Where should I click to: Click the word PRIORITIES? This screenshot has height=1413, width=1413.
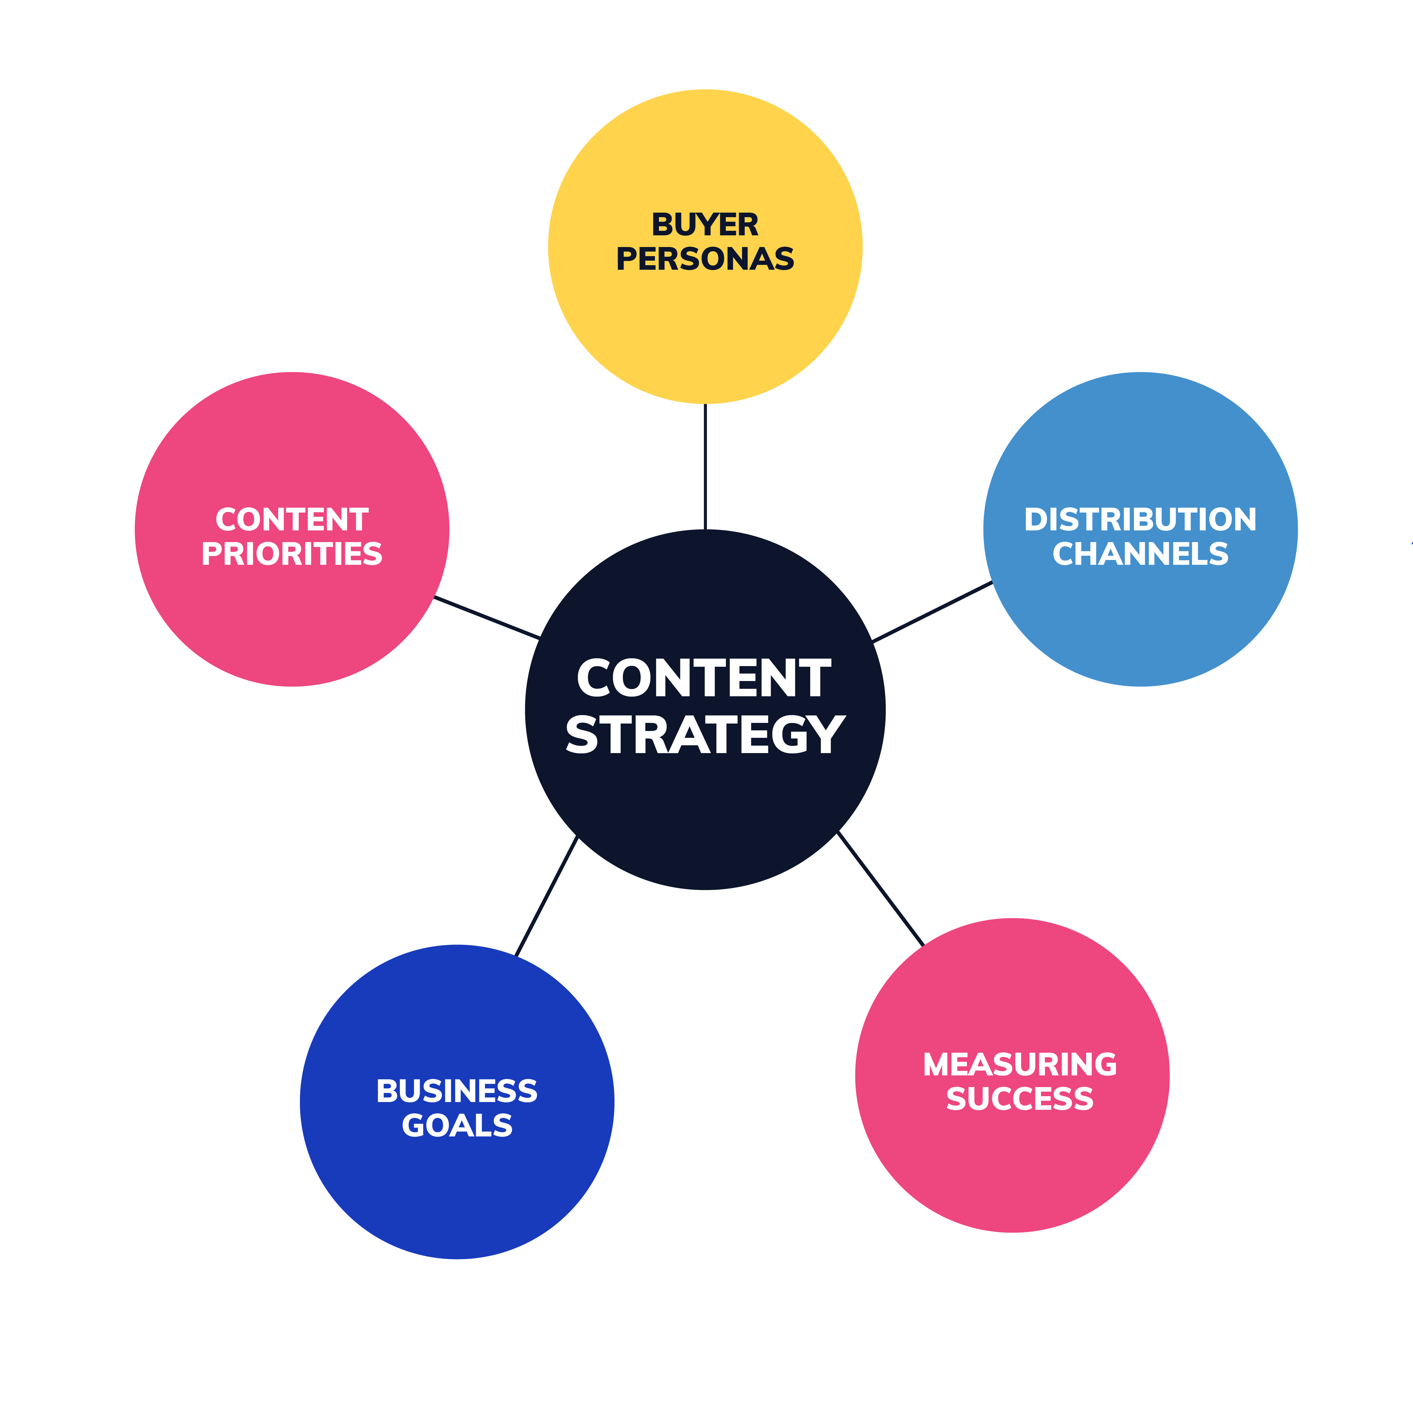click(x=292, y=554)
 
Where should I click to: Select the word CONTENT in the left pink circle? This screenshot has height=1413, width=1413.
click(x=292, y=520)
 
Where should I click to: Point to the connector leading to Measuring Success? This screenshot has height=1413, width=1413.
click(x=881, y=889)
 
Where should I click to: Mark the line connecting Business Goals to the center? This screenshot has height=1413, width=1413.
click(x=546, y=896)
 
